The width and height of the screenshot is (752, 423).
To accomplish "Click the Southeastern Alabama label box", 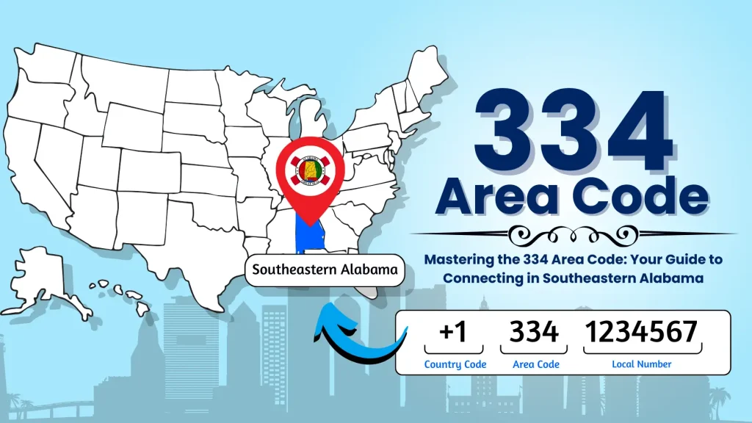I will (x=325, y=270).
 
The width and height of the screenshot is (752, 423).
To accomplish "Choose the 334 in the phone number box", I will (x=534, y=333).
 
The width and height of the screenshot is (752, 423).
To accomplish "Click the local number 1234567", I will (x=641, y=333).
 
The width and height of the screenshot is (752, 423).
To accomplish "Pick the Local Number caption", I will (x=641, y=364).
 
